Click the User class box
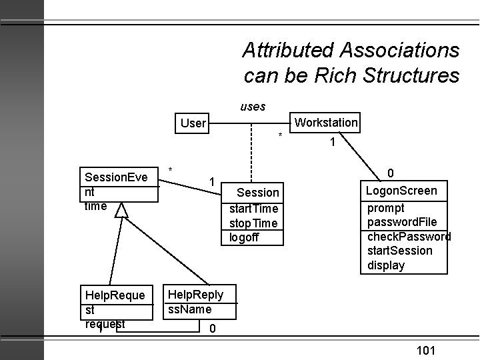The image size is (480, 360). (193, 123)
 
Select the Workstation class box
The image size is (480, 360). (326, 123)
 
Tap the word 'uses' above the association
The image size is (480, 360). (253, 106)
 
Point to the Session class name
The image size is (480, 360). (259, 193)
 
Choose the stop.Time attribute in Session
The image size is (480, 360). (253, 223)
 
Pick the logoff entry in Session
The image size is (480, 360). (244, 237)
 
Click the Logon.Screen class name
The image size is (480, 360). (401, 191)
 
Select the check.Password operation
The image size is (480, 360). (409, 236)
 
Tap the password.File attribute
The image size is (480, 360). (402, 221)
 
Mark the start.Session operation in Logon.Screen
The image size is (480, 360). (400, 251)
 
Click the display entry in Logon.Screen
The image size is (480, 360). (386, 265)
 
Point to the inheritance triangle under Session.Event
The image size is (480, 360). (121, 211)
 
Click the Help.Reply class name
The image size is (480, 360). (196, 295)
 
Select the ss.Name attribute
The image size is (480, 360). (190, 309)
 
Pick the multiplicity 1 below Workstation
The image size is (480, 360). (331, 142)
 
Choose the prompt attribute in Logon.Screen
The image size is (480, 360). (386, 207)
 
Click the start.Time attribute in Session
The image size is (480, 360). (253, 208)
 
